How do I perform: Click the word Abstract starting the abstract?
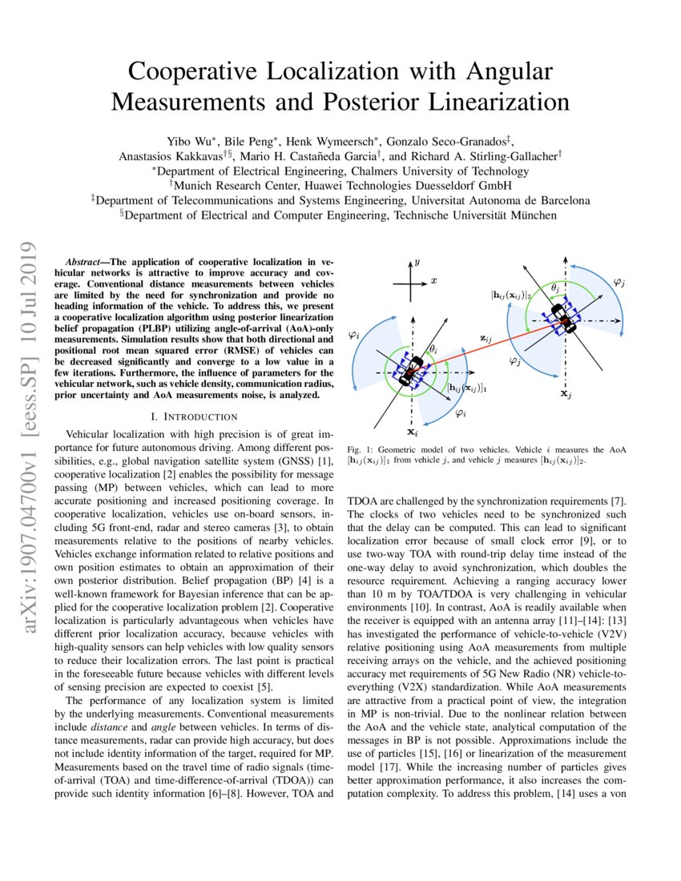point(86,262)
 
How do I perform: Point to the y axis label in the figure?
point(417,261)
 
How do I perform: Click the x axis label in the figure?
point(433,280)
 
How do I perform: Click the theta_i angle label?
point(433,349)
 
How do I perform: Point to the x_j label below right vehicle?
point(565,394)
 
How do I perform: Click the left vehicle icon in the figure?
point(410,372)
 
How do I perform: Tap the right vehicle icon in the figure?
point(566,322)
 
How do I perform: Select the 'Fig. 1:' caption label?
point(360,450)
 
